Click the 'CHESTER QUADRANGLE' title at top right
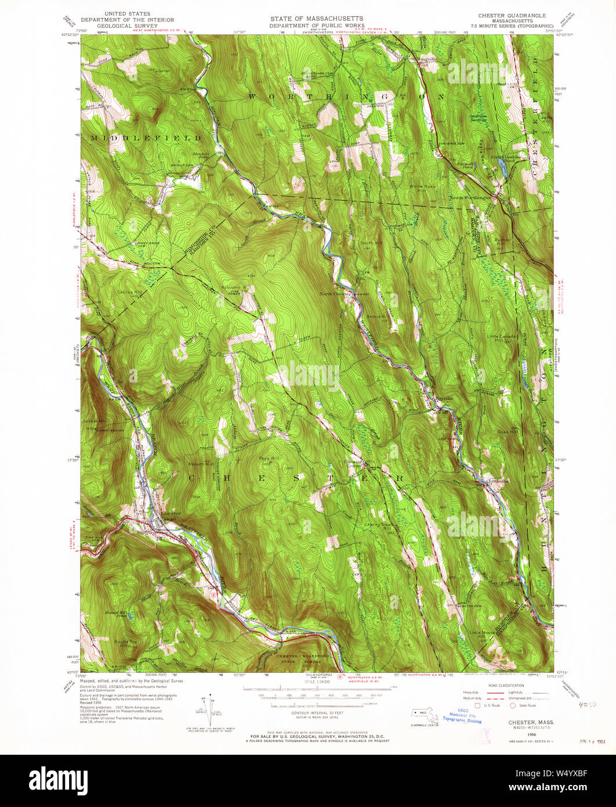[x=505, y=16]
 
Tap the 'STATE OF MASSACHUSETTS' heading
[x=316, y=19]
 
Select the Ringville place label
[x=427, y=59]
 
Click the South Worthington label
[x=470, y=197]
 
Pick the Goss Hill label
[x=506, y=433]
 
